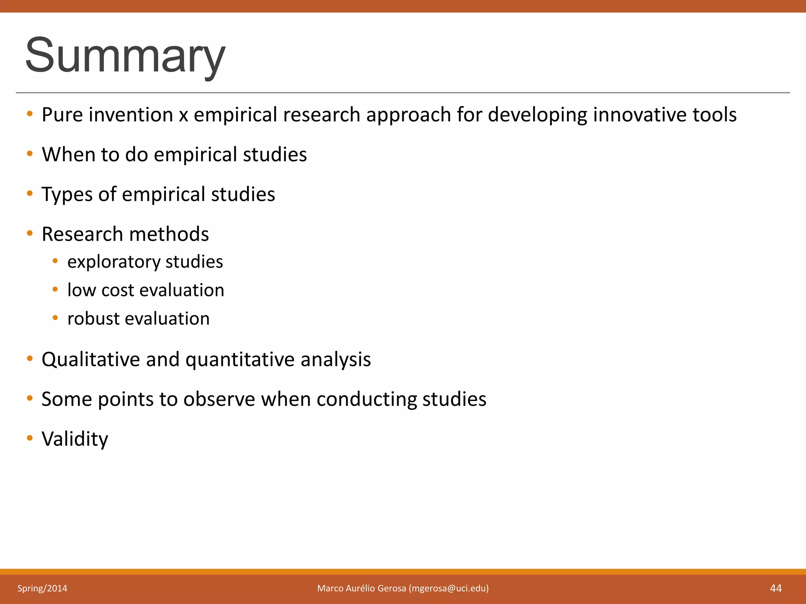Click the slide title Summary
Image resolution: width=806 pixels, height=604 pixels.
click(x=125, y=55)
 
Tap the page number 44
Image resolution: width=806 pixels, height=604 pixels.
click(x=776, y=588)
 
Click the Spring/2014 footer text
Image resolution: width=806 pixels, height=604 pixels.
click(x=42, y=588)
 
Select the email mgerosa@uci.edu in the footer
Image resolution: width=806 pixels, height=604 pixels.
click(x=449, y=588)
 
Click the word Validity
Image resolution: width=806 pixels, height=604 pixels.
click(x=75, y=439)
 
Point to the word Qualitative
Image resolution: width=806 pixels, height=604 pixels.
click(x=91, y=359)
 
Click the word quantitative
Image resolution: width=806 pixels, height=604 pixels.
click(x=240, y=359)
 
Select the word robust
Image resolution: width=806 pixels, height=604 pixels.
click(x=93, y=319)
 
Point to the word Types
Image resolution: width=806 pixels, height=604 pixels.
click(x=67, y=194)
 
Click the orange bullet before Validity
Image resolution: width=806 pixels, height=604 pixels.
click(x=30, y=438)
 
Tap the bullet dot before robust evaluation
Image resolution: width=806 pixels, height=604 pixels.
click(x=55, y=317)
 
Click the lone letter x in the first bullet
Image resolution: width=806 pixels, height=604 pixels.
click(x=183, y=116)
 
